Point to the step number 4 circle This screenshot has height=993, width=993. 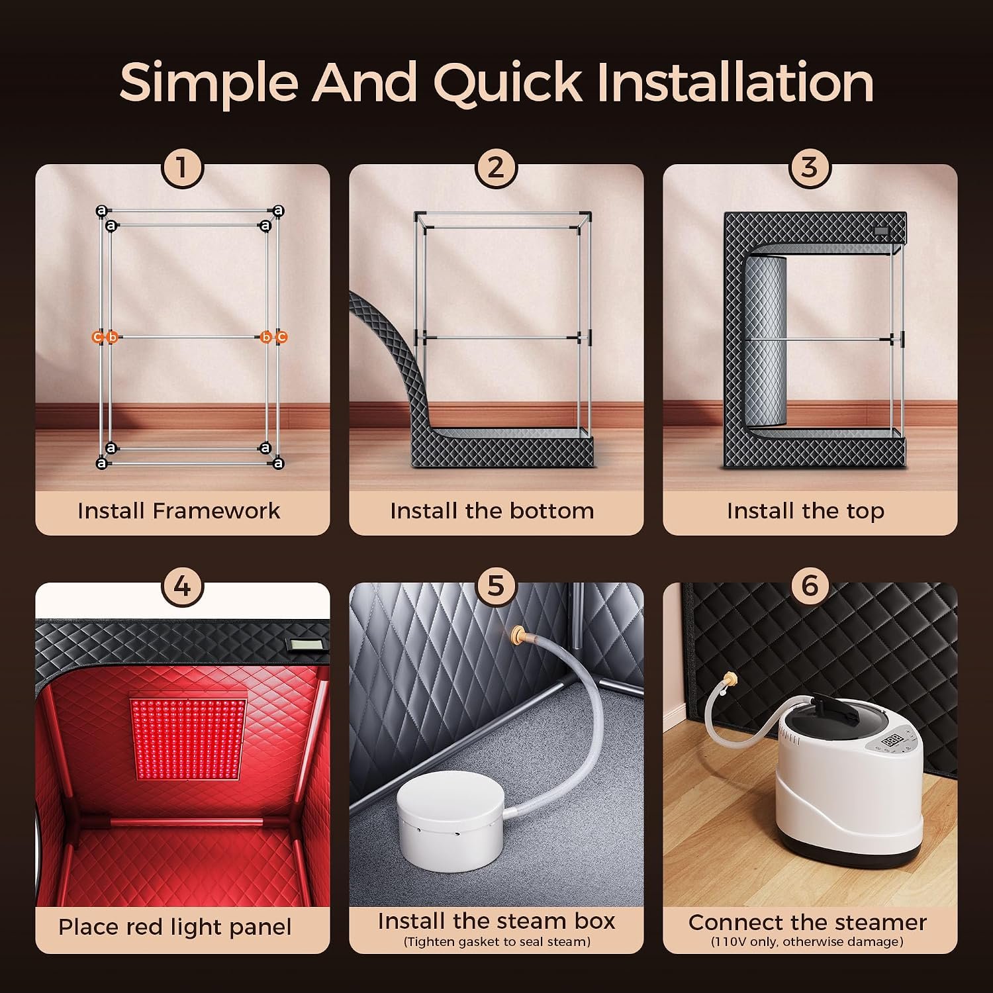point(182,587)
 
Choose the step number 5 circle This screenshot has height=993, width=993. point(496,587)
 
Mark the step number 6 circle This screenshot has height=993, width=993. point(810,587)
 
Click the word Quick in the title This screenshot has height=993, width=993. point(508,83)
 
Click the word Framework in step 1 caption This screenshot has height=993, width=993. point(216,511)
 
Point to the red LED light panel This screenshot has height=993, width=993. point(189,735)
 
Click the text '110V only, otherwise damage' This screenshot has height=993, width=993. point(807,942)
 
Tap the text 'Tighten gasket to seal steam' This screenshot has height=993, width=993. point(496,941)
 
